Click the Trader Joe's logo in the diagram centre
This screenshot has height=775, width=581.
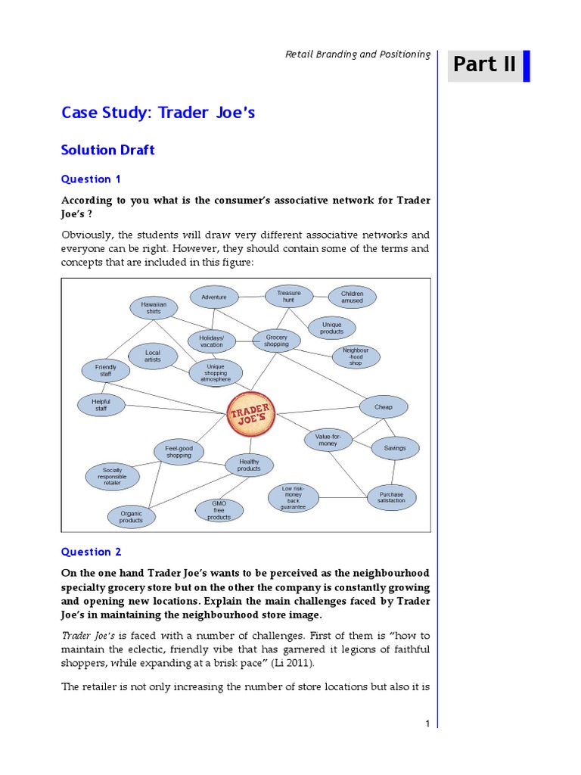coord(251,414)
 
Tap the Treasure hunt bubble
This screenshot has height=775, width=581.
coord(288,297)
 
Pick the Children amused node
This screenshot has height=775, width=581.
coord(352,297)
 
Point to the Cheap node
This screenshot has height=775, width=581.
coord(384,407)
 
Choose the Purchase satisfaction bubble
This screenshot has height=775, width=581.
coord(391,497)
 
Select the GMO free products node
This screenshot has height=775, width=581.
coord(219,510)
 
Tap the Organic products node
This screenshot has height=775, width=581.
coord(131,517)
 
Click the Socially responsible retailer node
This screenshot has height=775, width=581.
coord(112,475)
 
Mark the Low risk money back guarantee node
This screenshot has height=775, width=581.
coord(293,497)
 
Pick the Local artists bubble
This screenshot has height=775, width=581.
coord(153,356)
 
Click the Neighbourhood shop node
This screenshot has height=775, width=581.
coord(356,356)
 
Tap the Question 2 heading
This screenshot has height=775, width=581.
coord(91,552)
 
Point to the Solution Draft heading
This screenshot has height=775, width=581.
coord(107,150)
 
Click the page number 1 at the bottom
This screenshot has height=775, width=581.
coord(427,724)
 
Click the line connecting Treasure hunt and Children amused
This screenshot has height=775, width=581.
coord(320,295)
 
